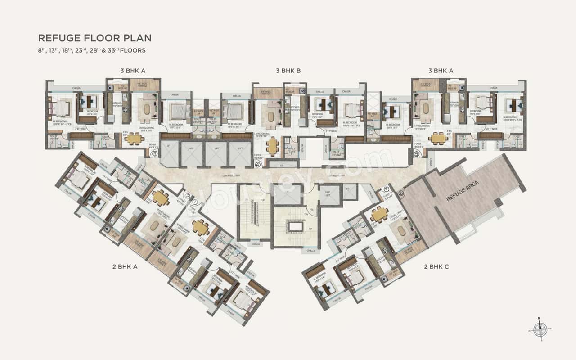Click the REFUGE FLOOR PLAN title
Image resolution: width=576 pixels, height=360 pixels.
pos(95,38)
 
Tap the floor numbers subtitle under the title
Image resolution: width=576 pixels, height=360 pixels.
pos(92,50)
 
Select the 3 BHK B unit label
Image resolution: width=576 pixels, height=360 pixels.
pos(288,71)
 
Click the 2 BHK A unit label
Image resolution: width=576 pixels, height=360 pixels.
pos(125,266)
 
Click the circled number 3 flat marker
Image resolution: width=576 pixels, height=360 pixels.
pos(155,153)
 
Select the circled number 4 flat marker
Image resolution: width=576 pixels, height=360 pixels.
pos(258,165)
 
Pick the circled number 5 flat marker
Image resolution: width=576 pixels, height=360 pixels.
pos(417,153)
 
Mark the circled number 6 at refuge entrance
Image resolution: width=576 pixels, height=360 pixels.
pos(401,193)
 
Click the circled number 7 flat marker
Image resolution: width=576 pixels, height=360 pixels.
pos(386,189)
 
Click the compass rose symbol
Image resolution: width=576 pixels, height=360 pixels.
pos(539,328)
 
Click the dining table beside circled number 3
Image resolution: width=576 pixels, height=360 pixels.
pos(134,139)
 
